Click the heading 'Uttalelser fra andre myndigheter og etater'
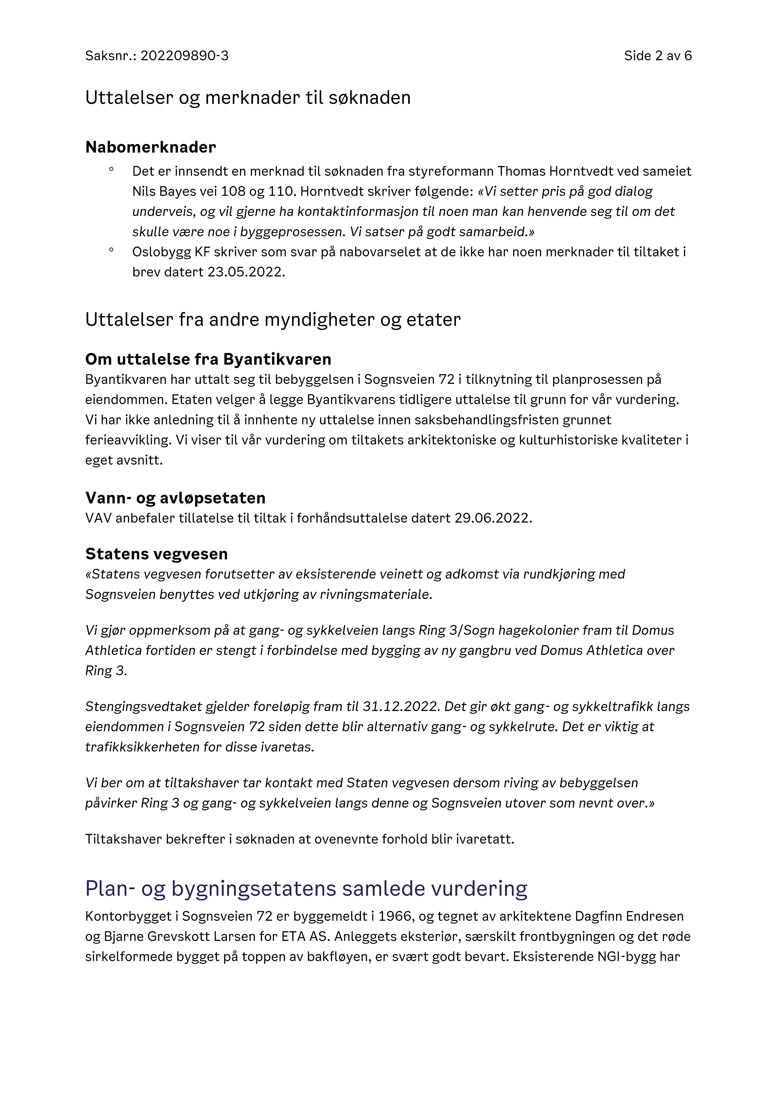point(273,320)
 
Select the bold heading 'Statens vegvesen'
point(157,554)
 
